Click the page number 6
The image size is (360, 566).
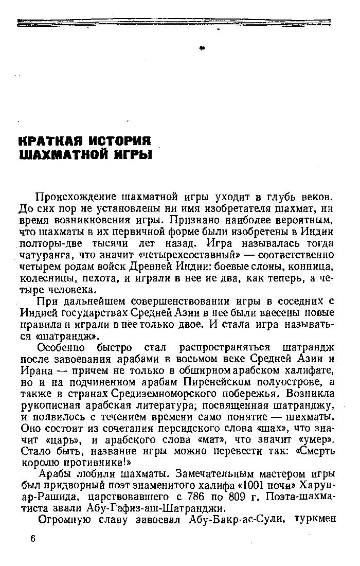(x=33, y=538)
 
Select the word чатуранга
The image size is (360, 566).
(x=45, y=255)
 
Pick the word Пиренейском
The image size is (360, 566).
(x=213, y=382)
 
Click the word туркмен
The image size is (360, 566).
(x=316, y=520)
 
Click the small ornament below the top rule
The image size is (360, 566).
(x=202, y=47)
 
